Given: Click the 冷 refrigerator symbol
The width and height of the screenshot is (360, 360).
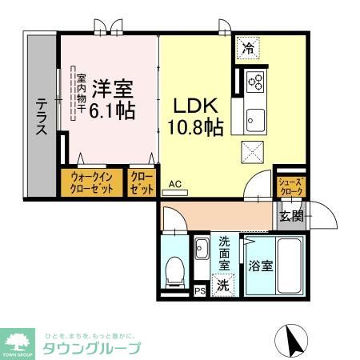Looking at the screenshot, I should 248,48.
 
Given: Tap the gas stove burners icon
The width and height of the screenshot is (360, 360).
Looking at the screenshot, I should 257,80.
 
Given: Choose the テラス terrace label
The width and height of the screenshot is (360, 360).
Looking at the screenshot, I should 41,117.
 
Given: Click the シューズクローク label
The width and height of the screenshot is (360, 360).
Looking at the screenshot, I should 290,186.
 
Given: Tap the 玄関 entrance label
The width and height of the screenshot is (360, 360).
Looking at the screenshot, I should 291,215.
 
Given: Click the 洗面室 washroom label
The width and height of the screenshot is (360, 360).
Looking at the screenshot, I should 225,251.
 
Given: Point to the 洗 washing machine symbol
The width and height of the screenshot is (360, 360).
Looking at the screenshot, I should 224,282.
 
